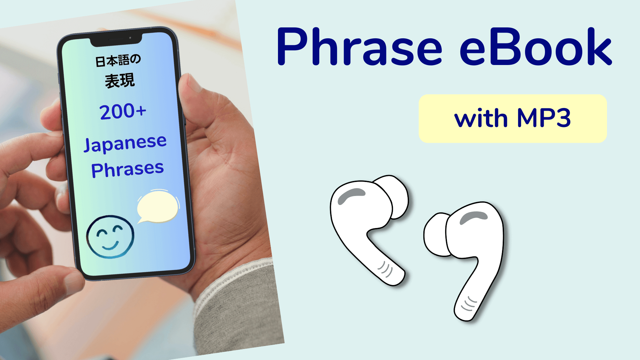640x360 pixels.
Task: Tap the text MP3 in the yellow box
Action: [x=544, y=118]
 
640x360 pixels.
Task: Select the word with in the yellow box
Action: [x=481, y=118]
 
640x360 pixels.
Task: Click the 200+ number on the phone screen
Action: [x=123, y=111]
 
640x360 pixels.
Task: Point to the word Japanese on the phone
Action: [x=125, y=143]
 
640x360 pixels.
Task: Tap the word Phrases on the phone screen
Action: [x=127, y=169]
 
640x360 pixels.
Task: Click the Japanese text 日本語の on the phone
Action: [x=118, y=61]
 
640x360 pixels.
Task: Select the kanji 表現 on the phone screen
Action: [x=120, y=81]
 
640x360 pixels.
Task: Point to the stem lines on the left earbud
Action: [x=385, y=269]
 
